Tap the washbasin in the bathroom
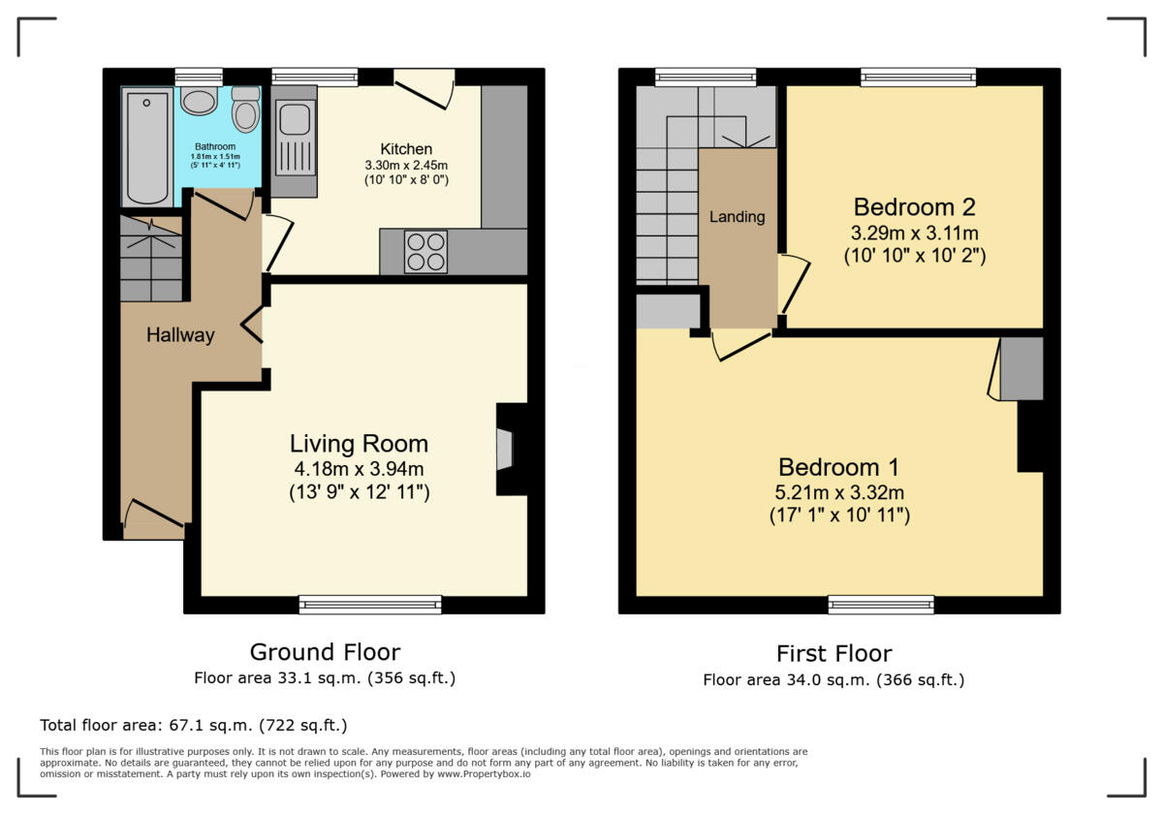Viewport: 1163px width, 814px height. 199,101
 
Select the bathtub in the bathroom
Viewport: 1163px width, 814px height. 147,147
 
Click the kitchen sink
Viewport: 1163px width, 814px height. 295,137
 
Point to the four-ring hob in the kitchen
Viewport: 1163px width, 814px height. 425,251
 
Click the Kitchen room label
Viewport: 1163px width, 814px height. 406,149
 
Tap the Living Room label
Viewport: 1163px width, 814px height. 359,444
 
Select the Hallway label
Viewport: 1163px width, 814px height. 180,335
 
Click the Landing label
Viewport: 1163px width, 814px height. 738,216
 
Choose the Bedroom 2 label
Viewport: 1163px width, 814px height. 914,207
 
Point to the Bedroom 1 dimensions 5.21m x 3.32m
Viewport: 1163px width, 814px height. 839,491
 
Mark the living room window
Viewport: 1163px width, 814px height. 370,605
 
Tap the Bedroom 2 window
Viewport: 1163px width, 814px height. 918,78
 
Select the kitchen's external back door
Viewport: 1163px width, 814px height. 424,89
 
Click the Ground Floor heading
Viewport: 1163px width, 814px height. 325,652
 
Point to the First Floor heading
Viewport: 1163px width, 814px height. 833,653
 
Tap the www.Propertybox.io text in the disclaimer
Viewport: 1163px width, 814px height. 484,774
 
